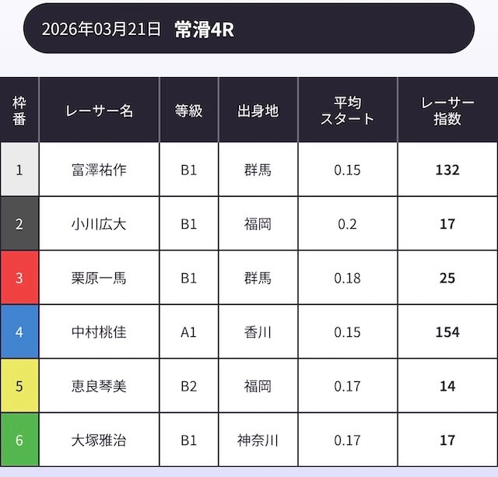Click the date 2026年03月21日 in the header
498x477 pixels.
[101, 30]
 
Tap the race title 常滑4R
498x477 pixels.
[205, 30]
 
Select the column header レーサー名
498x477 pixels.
[99, 110]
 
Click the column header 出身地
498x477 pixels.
[258, 110]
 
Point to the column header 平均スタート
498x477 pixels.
[347, 110]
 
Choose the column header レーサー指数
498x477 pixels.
[447, 110]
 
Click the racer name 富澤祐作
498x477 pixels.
[99, 170]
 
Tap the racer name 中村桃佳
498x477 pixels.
[99, 332]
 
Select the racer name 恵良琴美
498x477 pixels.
[99, 386]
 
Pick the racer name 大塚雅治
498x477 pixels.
[99, 440]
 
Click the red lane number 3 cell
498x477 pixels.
[19, 278]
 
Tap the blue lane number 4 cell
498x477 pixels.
[19, 332]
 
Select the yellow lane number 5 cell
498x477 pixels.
[19, 386]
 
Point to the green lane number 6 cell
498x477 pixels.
[19, 440]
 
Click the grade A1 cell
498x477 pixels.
[188, 332]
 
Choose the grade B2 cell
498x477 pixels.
[188, 386]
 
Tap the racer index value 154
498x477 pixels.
[447, 332]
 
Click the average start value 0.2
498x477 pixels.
[347, 224]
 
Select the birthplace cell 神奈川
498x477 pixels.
[258, 440]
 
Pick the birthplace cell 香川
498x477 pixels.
[258, 332]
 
